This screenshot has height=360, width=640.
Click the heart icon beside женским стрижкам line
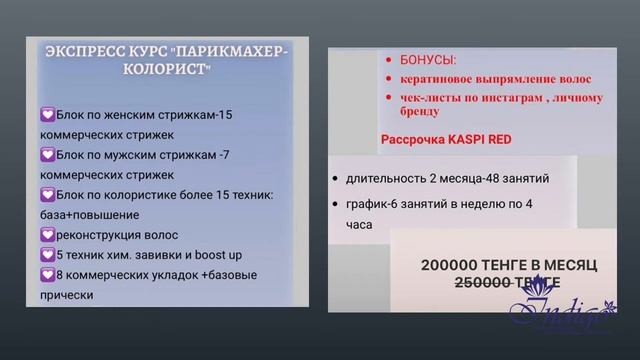pyautogui.click(x=47, y=115)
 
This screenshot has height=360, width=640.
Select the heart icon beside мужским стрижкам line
pyautogui.click(x=47, y=155)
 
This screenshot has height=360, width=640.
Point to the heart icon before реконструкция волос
pyautogui.click(x=47, y=235)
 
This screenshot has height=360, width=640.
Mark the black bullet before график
pyautogui.click(x=334, y=205)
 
